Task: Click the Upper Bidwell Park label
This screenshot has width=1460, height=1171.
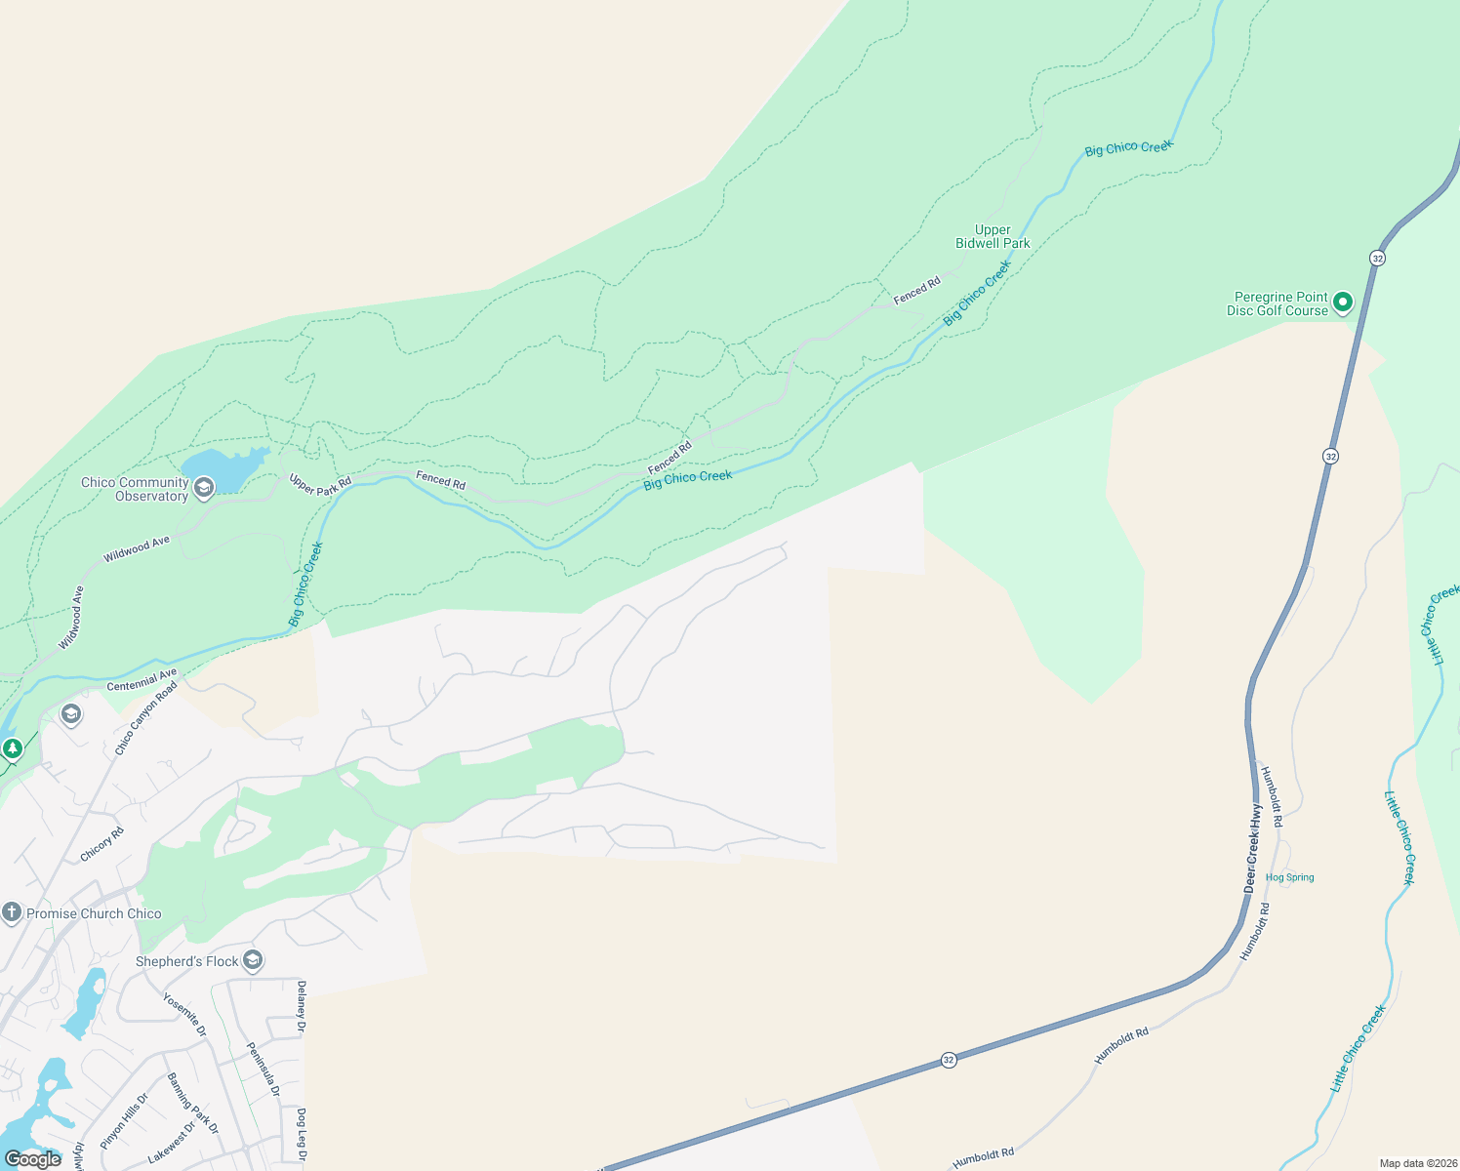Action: click(993, 237)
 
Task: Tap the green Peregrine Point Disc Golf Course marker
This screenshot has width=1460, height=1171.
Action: click(1342, 303)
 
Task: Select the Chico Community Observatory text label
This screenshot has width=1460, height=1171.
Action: click(135, 489)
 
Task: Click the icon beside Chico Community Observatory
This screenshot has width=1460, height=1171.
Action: click(204, 488)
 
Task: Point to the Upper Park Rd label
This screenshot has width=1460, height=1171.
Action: click(320, 484)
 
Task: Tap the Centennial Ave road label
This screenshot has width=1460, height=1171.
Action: click(142, 680)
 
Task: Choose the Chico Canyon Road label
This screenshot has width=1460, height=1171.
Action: click(146, 718)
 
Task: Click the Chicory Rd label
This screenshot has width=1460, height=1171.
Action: click(102, 844)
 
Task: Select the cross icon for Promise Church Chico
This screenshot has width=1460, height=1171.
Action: click(12, 913)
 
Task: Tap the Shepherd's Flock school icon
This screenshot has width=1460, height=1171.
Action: click(253, 961)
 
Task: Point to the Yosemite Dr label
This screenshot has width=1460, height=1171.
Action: click(184, 1015)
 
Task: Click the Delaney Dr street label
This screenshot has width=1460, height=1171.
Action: click(302, 1006)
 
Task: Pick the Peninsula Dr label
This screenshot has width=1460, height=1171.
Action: click(264, 1069)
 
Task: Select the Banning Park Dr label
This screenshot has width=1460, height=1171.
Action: click(193, 1104)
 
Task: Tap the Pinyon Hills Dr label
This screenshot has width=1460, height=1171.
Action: click(124, 1121)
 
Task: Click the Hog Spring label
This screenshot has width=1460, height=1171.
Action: click(1289, 877)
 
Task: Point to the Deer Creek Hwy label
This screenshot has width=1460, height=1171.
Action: click(1253, 847)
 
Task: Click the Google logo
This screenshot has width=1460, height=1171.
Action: click(33, 1159)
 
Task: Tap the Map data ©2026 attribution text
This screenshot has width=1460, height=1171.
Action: click(1417, 1163)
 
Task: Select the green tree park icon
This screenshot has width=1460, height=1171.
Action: click(13, 749)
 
